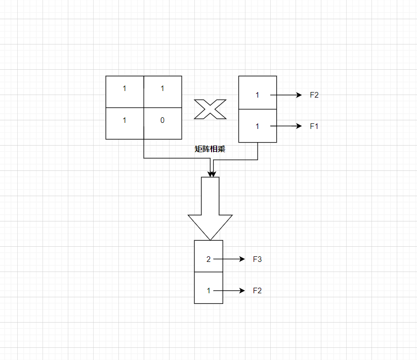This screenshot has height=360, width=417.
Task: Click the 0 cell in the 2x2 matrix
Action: [x=162, y=123]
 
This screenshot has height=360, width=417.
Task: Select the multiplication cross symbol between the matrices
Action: [x=210, y=109]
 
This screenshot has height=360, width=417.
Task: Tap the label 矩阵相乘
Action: [x=210, y=149]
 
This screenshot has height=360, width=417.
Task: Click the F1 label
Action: [x=314, y=126]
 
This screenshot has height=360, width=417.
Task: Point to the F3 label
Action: [x=257, y=259]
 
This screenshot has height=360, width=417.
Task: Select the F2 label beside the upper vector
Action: [x=314, y=95]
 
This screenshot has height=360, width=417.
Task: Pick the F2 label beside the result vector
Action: [x=257, y=291]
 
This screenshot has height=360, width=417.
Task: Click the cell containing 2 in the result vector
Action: [x=208, y=256]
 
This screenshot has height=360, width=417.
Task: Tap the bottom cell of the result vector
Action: [x=208, y=288]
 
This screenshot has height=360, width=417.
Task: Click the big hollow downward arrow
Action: [x=210, y=197]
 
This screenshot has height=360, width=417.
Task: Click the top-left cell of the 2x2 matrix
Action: [x=124, y=92]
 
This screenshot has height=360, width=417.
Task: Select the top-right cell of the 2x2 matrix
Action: [x=162, y=92]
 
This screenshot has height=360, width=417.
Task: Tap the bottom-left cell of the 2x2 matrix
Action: [x=124, y=123]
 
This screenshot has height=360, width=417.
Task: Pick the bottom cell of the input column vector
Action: [x=257, y=126]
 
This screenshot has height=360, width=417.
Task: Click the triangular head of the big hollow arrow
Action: [x=210, y=225]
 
